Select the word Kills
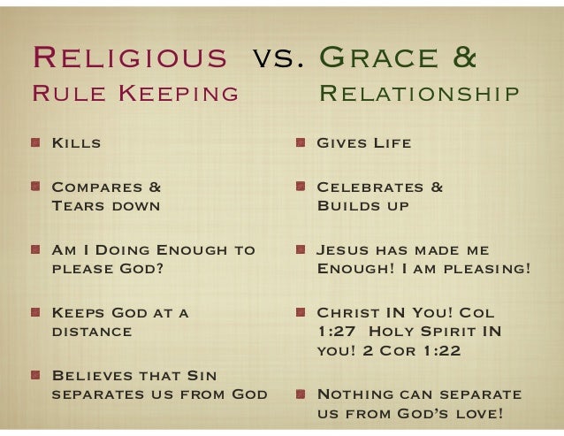tap(76, 143)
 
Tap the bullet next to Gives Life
tap(301, 142)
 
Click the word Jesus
tap(346, 251)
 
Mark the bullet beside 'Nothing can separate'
tap(301, 394)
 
